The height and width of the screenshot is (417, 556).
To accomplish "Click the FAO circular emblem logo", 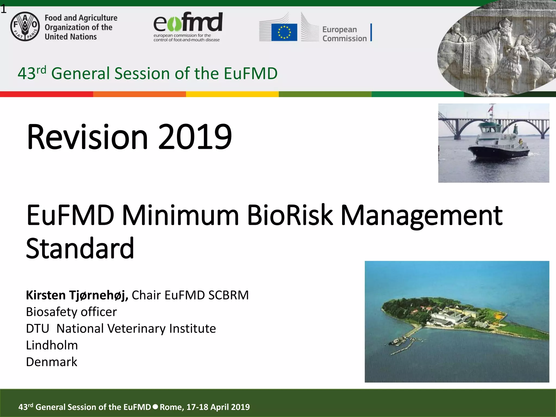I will [25, 27].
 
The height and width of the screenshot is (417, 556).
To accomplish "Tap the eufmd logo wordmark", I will [188, 22].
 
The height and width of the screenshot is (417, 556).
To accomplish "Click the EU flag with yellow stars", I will [284, 32].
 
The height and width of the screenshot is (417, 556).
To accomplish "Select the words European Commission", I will [344, 34].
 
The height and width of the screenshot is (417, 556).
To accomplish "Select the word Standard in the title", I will [80, 248].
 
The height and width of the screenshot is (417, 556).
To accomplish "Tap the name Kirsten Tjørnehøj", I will [77, 295].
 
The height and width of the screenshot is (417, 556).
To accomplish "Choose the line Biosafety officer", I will [71, 312].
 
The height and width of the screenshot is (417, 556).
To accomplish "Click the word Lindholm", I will [52, 345].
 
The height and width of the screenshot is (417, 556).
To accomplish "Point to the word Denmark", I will [52, 362].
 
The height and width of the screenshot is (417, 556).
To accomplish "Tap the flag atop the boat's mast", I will [490, 109].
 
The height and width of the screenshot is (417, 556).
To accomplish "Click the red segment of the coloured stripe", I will [46, 94].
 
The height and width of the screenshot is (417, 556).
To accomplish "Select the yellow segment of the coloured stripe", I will [232, 94].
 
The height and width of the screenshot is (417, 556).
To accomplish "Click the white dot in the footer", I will [155, 407].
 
